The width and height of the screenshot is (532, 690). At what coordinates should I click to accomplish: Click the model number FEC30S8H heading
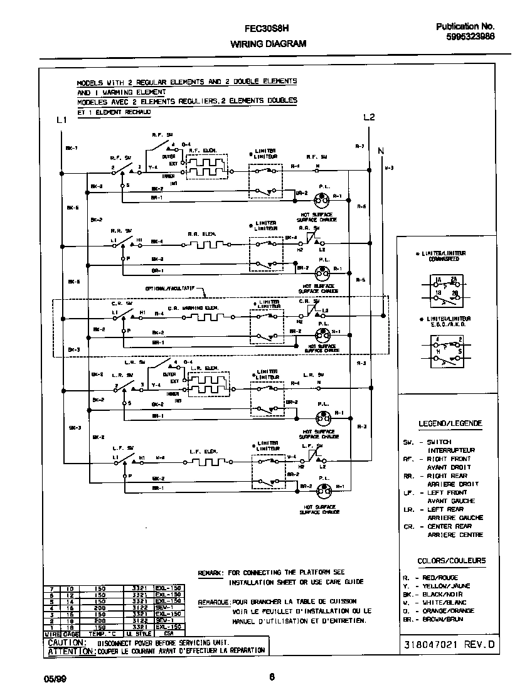[x=267, y=28]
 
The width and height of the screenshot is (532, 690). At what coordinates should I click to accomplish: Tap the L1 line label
[x=61, y=120]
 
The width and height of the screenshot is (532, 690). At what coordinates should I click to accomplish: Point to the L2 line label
[x=369, y=118]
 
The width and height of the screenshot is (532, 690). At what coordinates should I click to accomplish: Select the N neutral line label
[x=381, y=151]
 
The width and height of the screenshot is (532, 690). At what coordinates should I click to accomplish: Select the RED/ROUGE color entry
[x=439, y=578]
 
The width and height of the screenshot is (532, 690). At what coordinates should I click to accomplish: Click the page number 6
[x=271, y=676]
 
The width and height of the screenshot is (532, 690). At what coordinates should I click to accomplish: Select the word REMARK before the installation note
[x=210, y=573]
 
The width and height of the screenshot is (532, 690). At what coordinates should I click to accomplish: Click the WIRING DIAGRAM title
[x=268, y=44]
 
